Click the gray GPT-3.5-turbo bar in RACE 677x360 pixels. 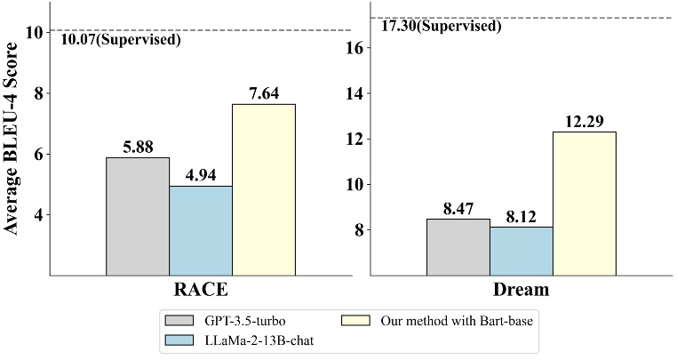[x=138, y=216]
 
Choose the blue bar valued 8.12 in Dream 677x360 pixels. [x=522, y=251]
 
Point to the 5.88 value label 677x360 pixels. [x=138, y=148]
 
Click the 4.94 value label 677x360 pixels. [x=201, y=176]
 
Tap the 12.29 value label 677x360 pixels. [x=585, y=121]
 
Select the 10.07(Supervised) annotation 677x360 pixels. [x=119, y=40]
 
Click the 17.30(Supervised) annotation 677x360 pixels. [x=441, y=27]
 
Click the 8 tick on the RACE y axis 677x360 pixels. [x=37, y=93]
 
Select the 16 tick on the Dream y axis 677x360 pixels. [x=354, y=48]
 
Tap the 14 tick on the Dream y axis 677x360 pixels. [x=354, y=93]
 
